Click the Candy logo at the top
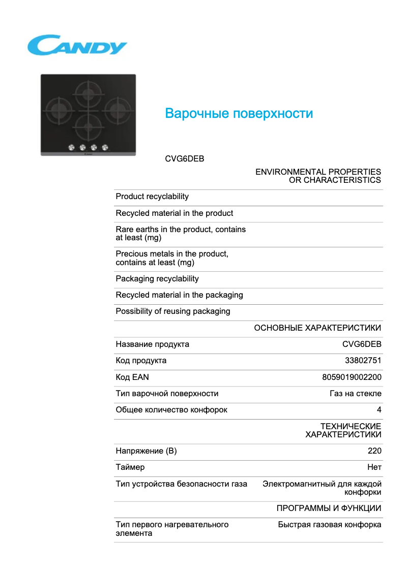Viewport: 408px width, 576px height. (77, 46)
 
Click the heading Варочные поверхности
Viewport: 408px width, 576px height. (239, 113)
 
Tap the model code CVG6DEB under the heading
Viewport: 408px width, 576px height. (184, 158)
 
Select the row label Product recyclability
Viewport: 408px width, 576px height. (152, 197)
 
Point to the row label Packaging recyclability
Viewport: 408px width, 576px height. (157, 279)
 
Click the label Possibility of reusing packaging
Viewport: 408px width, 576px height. (173, 311)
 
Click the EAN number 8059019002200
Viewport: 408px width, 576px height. (352, 377)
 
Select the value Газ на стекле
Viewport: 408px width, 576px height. (356, 394)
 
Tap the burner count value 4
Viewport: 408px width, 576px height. (379, 410)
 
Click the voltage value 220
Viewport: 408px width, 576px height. (374, 451)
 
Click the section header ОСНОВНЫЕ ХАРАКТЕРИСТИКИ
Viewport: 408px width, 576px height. (317, 328)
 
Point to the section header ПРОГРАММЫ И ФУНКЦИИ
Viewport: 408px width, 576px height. (329, 508)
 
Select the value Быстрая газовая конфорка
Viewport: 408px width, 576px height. (330, 525)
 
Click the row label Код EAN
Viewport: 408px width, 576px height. (132, 377)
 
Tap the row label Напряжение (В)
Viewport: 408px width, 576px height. (146, 451)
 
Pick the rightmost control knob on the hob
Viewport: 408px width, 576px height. (105, 147)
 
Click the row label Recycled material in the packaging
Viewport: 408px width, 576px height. (179, 295)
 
